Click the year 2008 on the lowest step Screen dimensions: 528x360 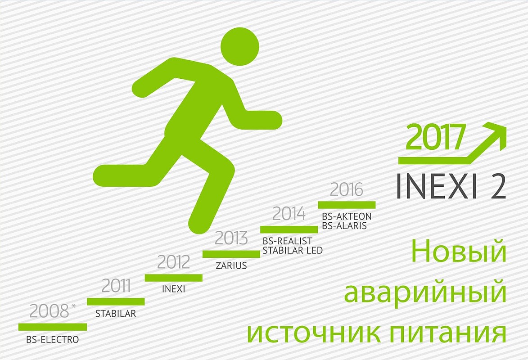click(49, 311)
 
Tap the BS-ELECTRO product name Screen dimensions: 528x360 click(53, 339)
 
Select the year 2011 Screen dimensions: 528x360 click(116, 286)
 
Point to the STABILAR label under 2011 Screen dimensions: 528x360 click(116, 314)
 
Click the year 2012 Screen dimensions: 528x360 click(174, 262)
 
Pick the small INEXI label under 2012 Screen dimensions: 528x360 click(173, 289)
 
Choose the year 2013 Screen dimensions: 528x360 click(231, 238)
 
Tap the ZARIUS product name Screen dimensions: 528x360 click(231, 265)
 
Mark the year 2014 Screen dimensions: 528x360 click(289, 214)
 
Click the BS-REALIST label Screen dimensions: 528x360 click(287, 241)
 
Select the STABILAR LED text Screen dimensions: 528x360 click(293, 251)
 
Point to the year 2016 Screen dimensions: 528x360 click(347, 189)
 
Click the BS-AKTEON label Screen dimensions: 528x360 click(347, 216)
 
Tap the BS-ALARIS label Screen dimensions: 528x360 click(344, 225)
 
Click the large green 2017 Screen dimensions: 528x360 click(435, 137)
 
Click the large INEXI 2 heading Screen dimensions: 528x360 click(451, 186)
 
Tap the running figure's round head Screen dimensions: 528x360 click(240, 46)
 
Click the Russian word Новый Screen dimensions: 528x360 click(459, 252)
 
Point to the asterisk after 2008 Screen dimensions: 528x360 click(74, 306)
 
